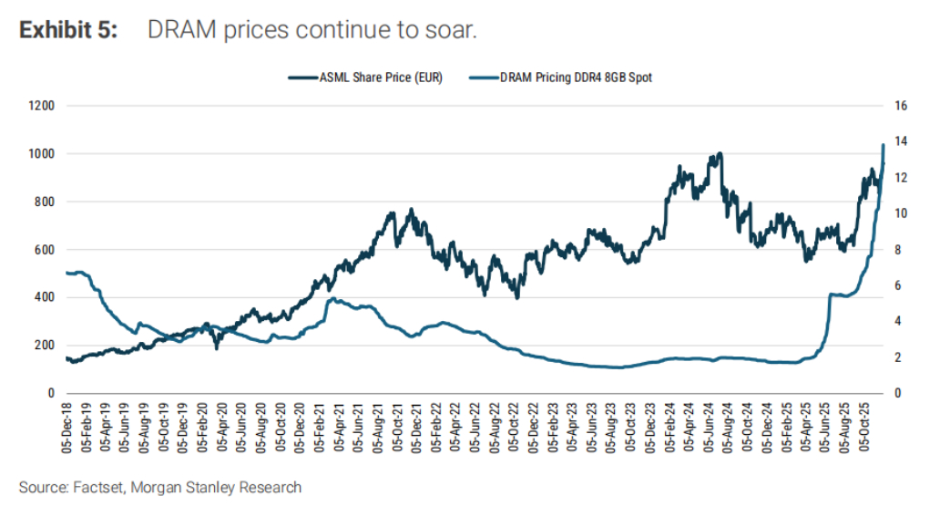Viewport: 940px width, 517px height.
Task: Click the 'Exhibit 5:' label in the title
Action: pos(68,29)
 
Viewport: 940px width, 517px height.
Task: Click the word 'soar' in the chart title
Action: pos(453,29)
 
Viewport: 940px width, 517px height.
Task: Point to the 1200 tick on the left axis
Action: pos(41,106)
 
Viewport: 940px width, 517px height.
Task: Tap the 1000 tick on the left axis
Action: pos(41,154)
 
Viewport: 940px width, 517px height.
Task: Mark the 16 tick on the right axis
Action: pos(902,106)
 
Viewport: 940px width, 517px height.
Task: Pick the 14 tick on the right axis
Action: pos(902,142)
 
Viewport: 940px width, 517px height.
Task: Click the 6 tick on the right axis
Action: pos(899,285)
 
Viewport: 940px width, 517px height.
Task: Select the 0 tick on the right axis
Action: pos(899,393)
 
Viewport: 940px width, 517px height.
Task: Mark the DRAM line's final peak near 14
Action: pos(883,144)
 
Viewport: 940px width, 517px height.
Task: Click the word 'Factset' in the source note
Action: pos(97,488)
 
